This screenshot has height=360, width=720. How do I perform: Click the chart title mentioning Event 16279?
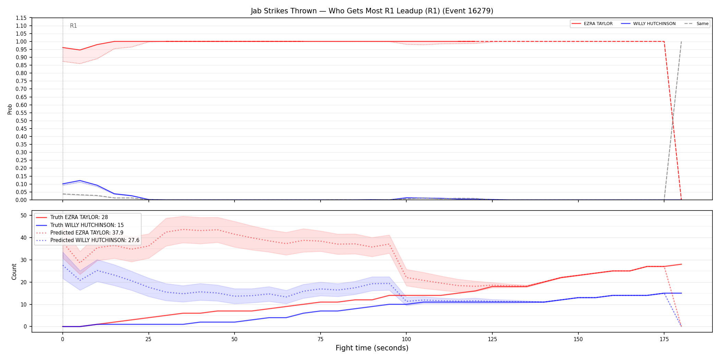point(372,11)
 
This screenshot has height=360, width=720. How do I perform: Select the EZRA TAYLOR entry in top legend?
point(592,24)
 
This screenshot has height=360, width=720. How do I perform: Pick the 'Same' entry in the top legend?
point(696,24)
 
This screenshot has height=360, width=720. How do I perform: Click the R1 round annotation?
point(73,26)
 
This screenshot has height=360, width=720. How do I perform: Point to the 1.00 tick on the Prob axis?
point(21,41)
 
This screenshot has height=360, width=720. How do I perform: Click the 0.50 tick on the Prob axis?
point(21,121)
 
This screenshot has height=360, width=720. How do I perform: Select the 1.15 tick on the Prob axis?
point(21,18)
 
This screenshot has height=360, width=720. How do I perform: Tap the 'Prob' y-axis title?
point(10,109)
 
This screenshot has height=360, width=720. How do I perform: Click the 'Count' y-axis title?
point(14,272)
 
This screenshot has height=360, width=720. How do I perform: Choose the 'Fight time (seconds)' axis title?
point(372,348)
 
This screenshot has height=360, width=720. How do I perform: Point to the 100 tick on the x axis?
point(406,339)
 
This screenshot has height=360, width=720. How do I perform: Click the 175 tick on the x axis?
point(664,339)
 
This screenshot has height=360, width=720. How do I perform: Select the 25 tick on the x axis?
point(148,339)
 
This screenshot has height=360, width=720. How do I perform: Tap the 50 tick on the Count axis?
point(24,215)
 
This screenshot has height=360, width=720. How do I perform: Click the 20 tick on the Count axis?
point(24,282)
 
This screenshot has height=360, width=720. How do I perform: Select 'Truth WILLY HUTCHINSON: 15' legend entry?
point(80,225)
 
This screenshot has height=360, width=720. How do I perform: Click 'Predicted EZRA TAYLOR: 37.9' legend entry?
point(80,232)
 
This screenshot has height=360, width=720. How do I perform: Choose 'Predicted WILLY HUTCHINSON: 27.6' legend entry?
point(88,240)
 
